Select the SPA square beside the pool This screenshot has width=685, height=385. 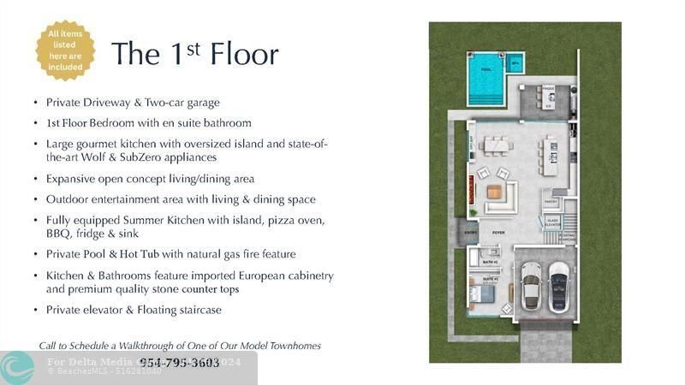click(515, 62)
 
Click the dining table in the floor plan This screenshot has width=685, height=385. click(496, 145)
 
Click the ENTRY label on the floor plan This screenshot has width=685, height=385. click(472, 232)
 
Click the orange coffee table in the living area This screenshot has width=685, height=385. click(494, 192)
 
